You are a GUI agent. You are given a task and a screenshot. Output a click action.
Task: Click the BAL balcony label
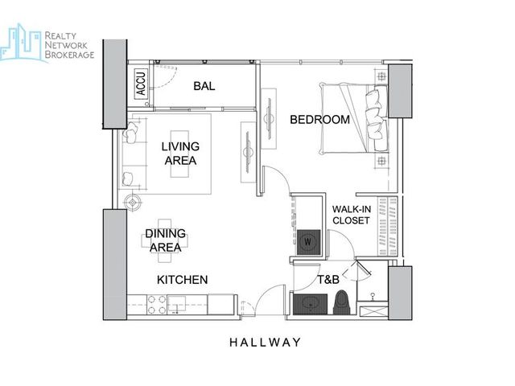(204, 86)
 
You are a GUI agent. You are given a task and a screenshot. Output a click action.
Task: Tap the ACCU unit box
(141, 84)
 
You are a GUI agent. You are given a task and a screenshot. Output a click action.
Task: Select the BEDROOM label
(319, 119)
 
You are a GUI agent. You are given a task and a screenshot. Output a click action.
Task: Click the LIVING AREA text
(180, 154)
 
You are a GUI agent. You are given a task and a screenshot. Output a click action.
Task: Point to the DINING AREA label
(166, 240)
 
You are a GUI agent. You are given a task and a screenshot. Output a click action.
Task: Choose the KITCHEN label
(183, 280)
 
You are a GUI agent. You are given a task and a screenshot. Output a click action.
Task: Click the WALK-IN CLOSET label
(352, 215)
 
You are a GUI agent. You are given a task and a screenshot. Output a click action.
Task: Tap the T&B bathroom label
(328, 279)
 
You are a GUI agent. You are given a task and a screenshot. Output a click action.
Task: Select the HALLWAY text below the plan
(265, 343)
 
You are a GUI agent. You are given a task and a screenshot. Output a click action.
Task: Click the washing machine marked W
(308, 242)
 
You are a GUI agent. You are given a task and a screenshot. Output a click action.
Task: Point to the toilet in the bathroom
(342, 302)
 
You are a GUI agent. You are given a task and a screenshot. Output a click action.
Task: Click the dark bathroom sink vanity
(310, 304)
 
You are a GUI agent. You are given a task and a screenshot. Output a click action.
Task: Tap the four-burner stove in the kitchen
(157, 305)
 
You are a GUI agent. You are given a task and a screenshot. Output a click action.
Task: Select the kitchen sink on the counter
(177, 304)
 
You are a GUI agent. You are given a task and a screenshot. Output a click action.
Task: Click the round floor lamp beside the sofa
(133, 203)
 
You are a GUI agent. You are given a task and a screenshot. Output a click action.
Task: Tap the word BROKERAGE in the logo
(69, 55)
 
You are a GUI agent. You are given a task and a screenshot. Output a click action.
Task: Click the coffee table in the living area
(179, 154)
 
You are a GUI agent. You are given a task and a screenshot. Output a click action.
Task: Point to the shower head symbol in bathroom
(373, 296)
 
